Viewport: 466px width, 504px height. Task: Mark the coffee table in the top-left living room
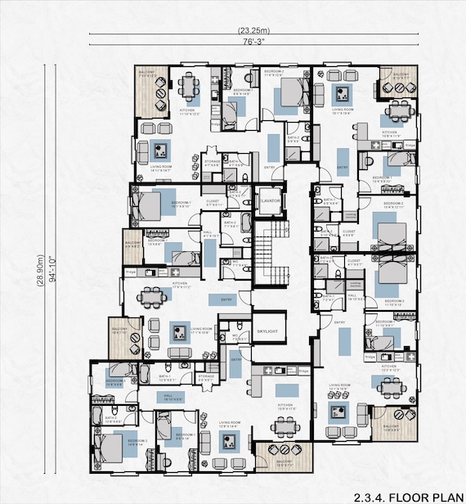(162, 151)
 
